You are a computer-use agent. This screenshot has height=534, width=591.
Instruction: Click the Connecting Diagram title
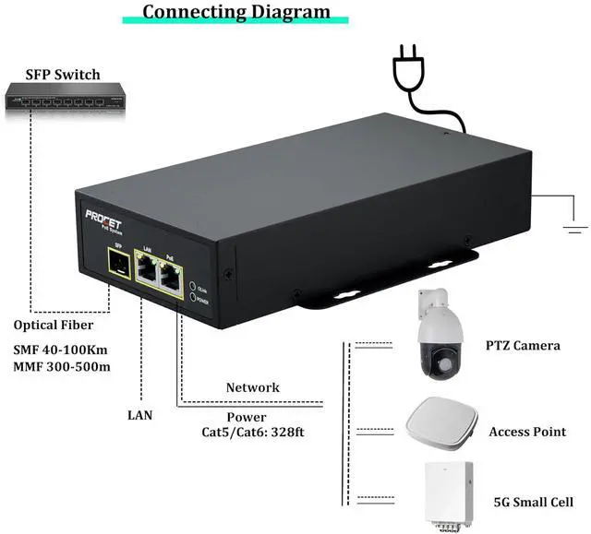coord(236,12)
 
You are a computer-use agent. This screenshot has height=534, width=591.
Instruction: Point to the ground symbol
coord(575,222)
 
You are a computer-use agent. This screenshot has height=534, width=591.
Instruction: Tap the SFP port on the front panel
coord(116,265)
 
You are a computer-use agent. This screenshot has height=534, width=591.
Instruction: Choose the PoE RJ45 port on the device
coord(171,273)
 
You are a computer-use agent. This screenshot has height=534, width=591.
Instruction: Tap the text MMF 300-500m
coord(61,367)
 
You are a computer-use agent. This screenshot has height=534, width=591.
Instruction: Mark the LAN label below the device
coord(139,415)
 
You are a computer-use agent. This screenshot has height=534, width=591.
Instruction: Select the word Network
coord(252,387)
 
